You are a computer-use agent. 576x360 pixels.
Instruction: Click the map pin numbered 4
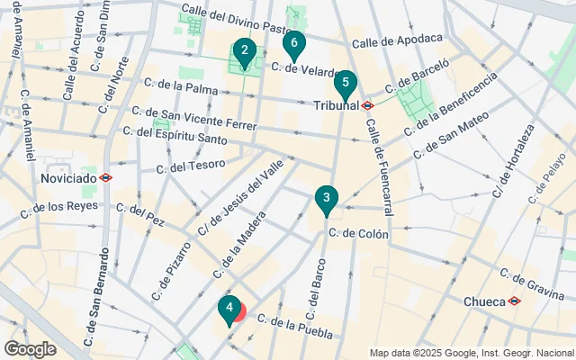click(229, 310)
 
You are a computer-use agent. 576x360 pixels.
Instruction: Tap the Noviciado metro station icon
click(106, 178)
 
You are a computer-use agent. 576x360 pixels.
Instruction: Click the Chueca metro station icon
click(514, 301)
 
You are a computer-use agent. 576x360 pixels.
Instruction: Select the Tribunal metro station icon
click(368, 105)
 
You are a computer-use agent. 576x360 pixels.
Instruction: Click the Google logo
click(30, 349)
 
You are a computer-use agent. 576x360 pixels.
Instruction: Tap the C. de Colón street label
click(358, 233)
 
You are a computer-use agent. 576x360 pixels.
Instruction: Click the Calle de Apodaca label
click(398, 40)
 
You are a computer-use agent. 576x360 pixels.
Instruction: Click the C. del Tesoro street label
click(190, 167)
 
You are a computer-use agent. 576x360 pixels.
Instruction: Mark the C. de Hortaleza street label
click(512, 162)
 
